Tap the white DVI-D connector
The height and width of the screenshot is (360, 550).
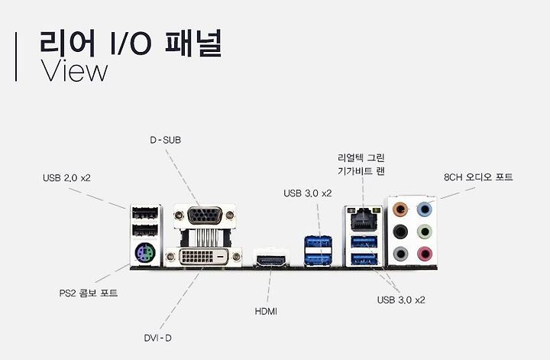[x=205, y=255]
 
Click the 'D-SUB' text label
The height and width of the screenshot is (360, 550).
[x=165, y=140]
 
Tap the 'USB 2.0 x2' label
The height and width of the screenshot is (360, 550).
[x=66, y=178]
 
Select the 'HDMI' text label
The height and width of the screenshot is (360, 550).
[x=265, y=311]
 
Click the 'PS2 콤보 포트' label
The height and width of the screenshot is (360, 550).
[x=89, y=293]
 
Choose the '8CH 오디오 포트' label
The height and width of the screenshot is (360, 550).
[x=478, y=177]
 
